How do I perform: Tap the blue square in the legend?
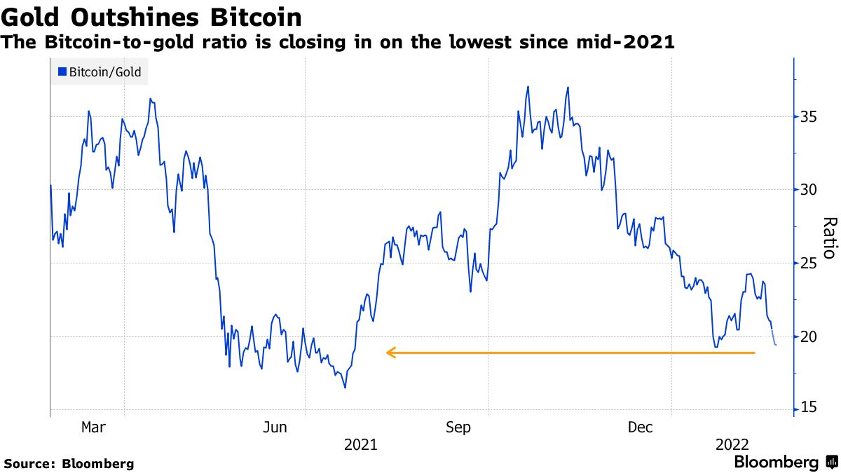click(62, 71)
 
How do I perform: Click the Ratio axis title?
click(828, 238)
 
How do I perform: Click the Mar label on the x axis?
click(93, 427)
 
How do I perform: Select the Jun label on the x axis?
click(275, 427)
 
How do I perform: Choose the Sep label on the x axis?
click(458, 427)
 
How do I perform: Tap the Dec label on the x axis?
click(641, 427)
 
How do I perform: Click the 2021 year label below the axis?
click(360, 445)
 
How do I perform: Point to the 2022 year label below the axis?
click(732, 445)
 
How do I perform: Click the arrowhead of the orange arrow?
click(390, 352)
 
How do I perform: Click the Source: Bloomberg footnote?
click(69, 463)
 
